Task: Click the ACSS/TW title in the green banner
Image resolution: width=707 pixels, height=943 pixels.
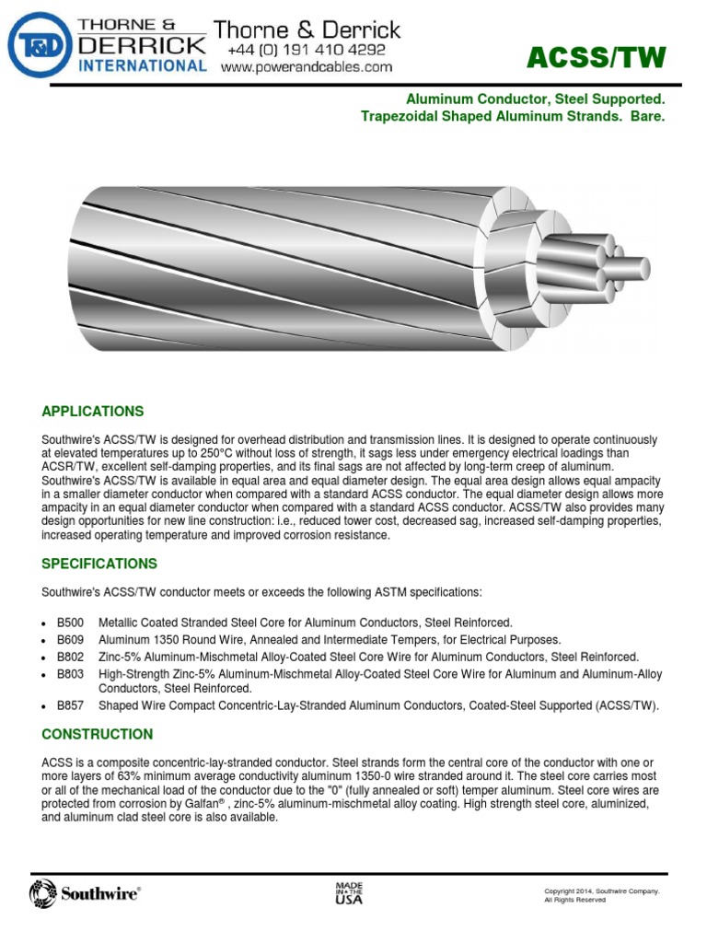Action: point(595,58)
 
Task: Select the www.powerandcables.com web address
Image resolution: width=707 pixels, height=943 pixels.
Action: point(307,67)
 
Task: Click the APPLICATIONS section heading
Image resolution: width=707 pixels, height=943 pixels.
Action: point(92,411)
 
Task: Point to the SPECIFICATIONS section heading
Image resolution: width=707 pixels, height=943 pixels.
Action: point(99,564)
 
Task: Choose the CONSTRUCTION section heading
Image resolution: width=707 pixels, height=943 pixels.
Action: point(97,734)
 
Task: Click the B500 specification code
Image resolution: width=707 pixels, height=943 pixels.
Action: point(70,623)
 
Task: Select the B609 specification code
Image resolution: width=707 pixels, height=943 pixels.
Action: point(70,640)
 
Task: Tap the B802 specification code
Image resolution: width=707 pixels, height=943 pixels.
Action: point(70,657)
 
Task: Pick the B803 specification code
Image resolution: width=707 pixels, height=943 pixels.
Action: point(70,674)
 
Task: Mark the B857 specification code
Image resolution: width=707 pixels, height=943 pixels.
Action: point(70,705)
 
